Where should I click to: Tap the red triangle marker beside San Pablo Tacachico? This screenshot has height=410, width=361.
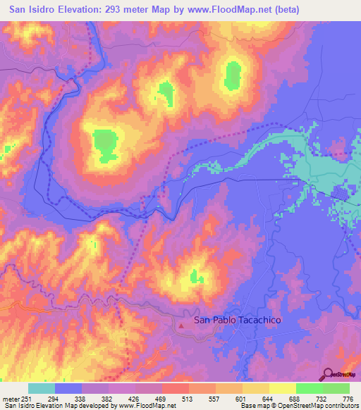point(183,325)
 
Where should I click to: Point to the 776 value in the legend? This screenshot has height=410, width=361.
point(348,398)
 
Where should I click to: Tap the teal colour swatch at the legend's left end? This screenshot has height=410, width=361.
point(42,388)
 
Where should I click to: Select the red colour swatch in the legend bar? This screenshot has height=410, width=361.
point(176,388)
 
